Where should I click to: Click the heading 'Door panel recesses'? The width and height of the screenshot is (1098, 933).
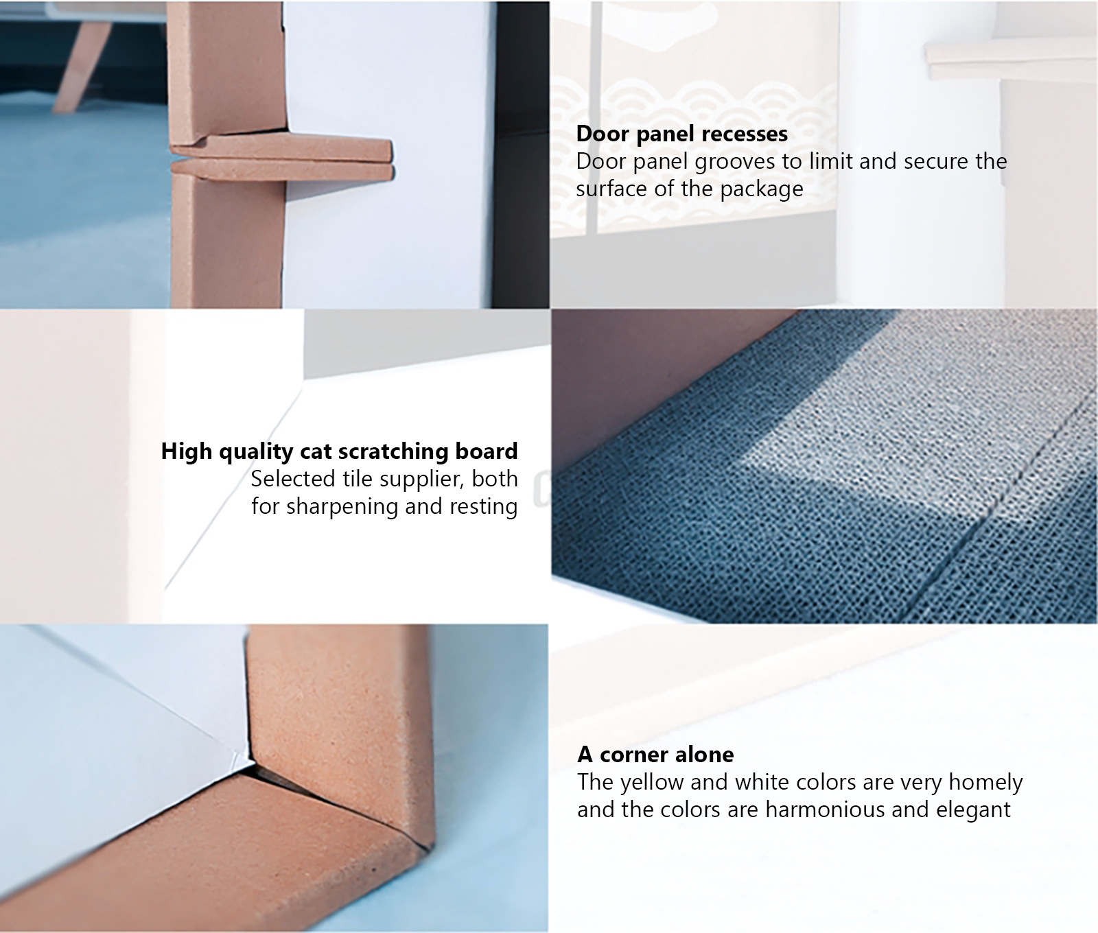681,134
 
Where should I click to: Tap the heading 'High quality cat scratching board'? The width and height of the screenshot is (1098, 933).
339,451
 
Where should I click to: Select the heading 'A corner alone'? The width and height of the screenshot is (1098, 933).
655,755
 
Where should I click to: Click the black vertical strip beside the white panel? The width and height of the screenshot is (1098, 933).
521,154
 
